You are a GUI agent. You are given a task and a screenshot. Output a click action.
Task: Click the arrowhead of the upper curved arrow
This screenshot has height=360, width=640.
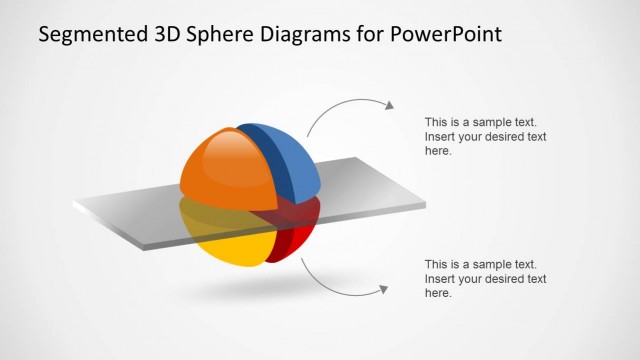pyautogui.click(x=389, y=104)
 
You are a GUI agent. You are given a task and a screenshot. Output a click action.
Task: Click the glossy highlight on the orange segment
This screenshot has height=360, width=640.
pyautogui.click(x=233, y=149)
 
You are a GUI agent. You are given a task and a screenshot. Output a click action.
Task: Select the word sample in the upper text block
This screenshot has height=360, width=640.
pyautogui.click(x=484, y=122)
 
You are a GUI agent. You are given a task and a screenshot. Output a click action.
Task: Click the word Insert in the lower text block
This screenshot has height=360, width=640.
pyautogui.click(x=440, y=279)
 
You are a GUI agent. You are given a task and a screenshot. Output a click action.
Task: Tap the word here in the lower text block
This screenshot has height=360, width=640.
pyautogui.click(x=437, y=294)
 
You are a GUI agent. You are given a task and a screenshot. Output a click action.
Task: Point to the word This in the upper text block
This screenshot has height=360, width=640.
pyautogui.click(x=436, y=122)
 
